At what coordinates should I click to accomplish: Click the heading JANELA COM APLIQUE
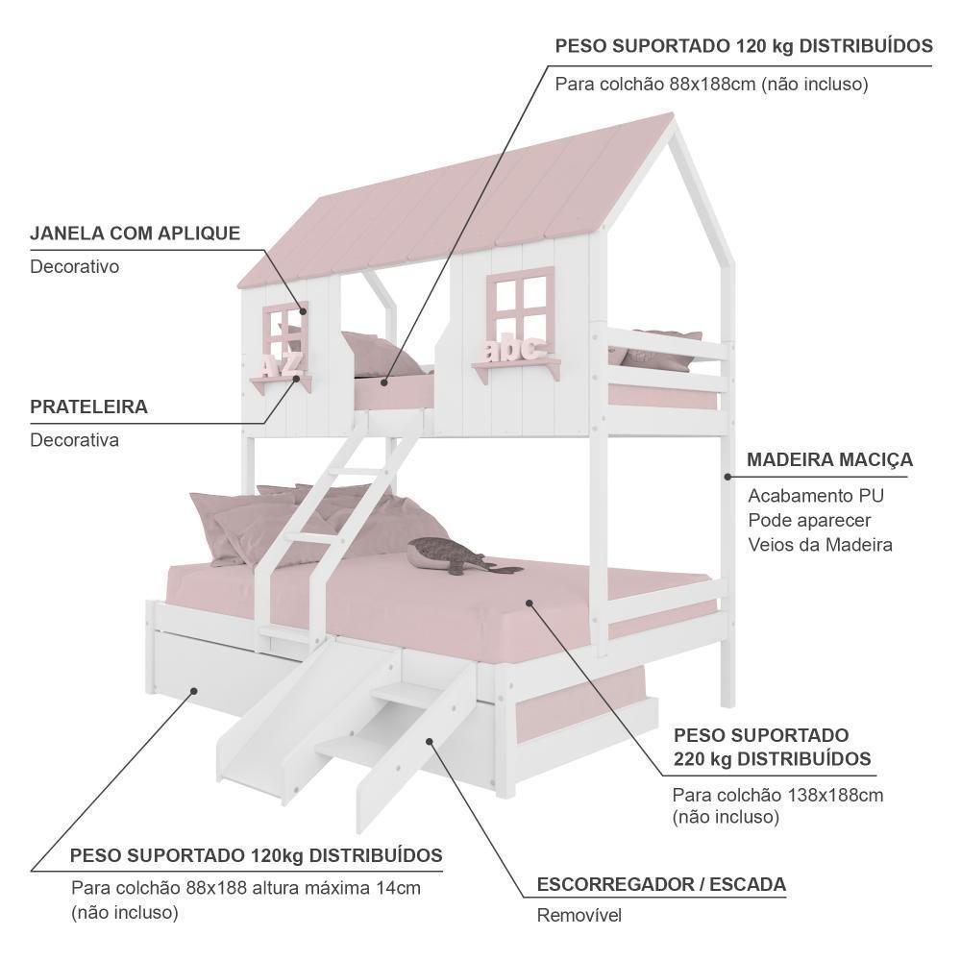pyautogui.click(x=135, y=234)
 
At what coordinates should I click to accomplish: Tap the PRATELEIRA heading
pyautogui.click(x=88, y=407)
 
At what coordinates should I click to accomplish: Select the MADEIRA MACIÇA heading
pyautogui.click(x=830, y=460)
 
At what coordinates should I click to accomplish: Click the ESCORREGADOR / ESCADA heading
pyautogui.click(x=661, y=884)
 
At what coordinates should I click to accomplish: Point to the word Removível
pyautogui.click(x=579, y=915)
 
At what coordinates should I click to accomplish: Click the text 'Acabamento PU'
pyautogui.click(x=816, y=496)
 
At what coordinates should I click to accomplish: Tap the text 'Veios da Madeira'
pyautogui.click(x=820, y=545)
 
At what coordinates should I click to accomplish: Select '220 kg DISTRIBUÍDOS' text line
pyautogui.click(x=773, y=759)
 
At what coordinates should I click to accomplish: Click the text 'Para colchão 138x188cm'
pyautogui.click(x=777, y=796)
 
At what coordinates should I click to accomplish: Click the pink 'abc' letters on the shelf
pyautogui.click(x=514, y=348)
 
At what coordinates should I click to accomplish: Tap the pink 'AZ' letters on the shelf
pyautogui.click(x=280, y=363)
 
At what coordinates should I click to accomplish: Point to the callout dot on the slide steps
pyautogui.click(x=430, y=741)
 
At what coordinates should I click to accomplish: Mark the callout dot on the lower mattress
pyautogui.click(x=529, y=604)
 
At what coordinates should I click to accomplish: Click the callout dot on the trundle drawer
pyautogui.click(x=194, y=691)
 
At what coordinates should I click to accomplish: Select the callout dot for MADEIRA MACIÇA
pyautogui.click(x=727, y=477)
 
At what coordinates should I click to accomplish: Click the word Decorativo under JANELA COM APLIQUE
pyautogui.click(x=75, y=266)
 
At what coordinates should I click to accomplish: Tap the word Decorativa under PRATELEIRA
pyautogui.click(x=75, y=440)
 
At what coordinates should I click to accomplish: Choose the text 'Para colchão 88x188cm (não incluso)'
pyautogui.click(x=711, y=84)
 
